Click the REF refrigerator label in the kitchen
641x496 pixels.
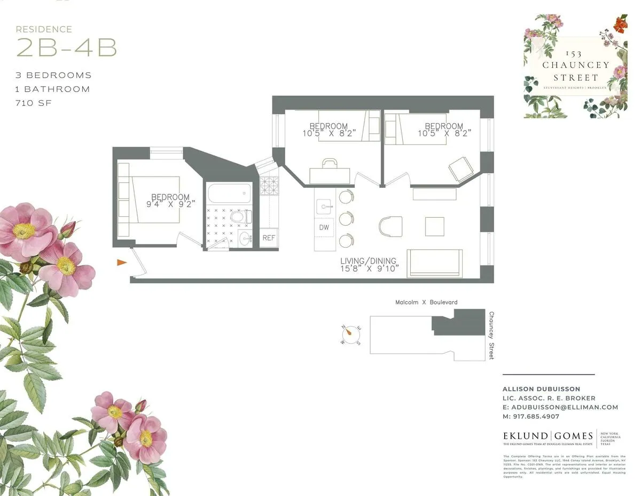click(269, 238)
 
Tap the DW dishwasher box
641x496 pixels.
click(324, 227)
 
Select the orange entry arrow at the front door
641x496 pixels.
click(122, 262)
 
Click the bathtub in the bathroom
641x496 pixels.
click(229, 193)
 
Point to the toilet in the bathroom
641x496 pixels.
click(238, 217)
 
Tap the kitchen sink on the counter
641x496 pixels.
click(324, 205)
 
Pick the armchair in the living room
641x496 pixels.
click(390, 226)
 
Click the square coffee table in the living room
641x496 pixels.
click(434, 226)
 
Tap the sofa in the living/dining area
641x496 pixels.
click(434, 263)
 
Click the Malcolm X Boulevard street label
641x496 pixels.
click(426, 302)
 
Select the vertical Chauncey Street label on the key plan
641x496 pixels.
click(491, 335)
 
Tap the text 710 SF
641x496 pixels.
click(34, 103)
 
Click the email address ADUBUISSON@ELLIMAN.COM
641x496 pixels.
click(560, 407)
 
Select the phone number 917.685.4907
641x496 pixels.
click(531, 416)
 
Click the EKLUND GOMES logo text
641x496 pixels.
click(548, 436)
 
